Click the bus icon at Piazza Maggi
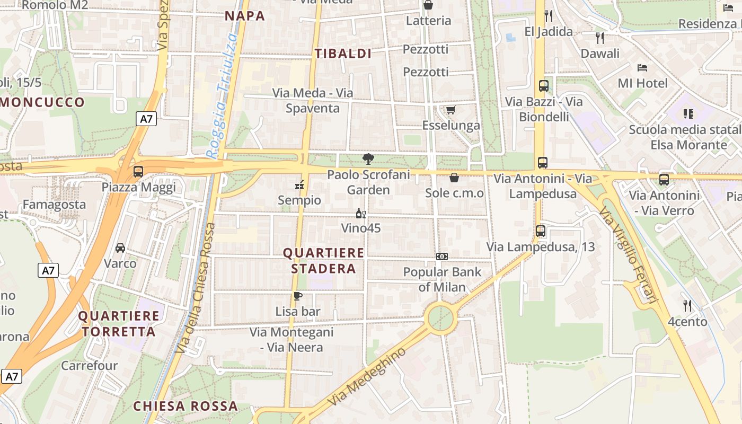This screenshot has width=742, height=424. pyautogui.click(x=138, y=172)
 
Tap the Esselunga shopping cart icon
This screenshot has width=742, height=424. pyautogui.click(x=450, y=110)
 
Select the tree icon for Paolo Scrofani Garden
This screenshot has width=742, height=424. pyautogui.click(x=368, y=158)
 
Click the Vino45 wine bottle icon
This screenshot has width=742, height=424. pyautogui.click(x=360, y=214)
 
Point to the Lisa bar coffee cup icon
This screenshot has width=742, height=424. pyautogui.click(x=297, y=296)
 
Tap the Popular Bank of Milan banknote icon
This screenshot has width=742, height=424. pyautogui.click(x=441, y=257)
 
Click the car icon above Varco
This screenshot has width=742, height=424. pyautogui.click(x=120, y=248)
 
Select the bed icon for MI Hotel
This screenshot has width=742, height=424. pyautogui.click(x=642, y=67)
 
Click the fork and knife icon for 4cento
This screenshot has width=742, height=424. pyautogui.click(x=687, y=305)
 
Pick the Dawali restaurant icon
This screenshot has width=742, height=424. pyautogui.click(x=600, y=38)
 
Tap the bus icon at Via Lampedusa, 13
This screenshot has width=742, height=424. pyautogui.click(x=540, y=231)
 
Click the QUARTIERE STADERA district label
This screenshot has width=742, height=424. pyautogui.click(x=323, y=261)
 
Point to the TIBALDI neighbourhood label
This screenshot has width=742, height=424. pyautogui.click(x=343, y=54)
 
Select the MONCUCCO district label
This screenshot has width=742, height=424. pyautogui.click(x=42, y=102)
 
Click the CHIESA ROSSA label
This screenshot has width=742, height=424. pyautogui.click(x=185, y=407)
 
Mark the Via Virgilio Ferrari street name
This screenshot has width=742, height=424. pyautogui.click(x=629, y=255)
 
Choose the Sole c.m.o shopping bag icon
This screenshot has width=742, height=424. pyautogui.click(x=454, y=178)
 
